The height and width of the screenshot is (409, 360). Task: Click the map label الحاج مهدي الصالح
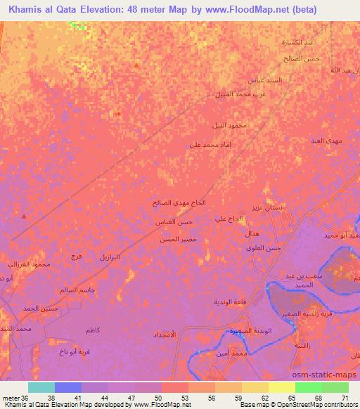(180, 202)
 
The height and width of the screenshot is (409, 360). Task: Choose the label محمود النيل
(229, 125)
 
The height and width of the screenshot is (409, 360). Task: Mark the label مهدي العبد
(326, 142)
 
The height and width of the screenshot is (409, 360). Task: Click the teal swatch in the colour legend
(41, 387)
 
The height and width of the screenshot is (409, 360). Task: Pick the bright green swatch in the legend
(308, 387)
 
